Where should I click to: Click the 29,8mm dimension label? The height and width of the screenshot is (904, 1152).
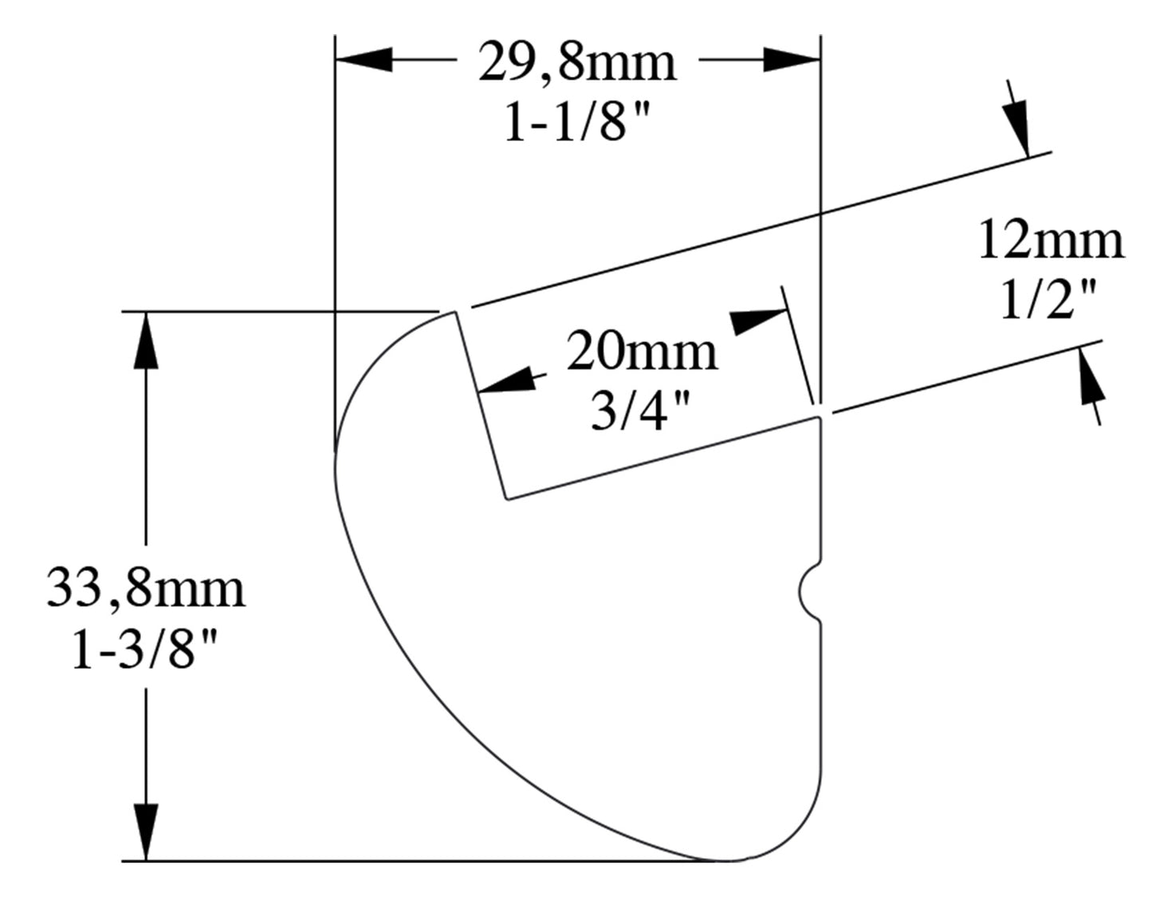click(577, 63)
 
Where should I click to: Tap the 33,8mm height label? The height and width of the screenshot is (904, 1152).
click(146, 588)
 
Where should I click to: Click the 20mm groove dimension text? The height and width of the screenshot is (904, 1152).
click(642, 352)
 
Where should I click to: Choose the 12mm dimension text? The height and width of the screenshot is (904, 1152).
click(1050, 241)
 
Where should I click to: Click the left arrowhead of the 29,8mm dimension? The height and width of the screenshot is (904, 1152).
click(364, 59)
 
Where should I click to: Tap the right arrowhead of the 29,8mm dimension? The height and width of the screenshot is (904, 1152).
click(792, 59)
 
